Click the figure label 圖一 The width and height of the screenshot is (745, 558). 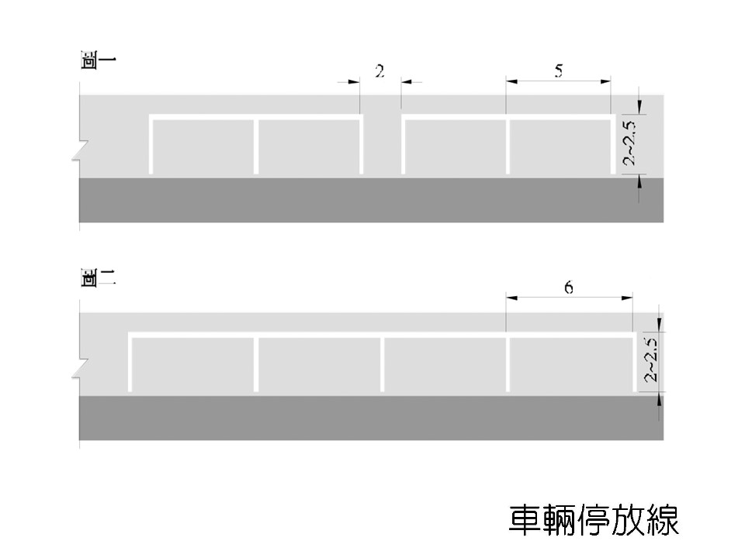tap(99, 61)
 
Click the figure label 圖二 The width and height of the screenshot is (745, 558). tap(99, 278)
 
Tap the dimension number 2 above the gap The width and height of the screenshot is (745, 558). tap(379, 72)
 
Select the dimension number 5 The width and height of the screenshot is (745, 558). tap(559, 71)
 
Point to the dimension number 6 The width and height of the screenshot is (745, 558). tap(569, 288)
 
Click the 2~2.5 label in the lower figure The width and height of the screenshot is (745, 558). tap(651, 360)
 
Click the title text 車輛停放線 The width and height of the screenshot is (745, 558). tap(594, 519)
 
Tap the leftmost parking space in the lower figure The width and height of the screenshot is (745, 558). tap(192, 365)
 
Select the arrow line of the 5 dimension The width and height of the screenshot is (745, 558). tap(559, 80)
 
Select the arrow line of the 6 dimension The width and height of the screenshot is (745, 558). tap(569, 297)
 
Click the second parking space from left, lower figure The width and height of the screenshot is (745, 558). tap(319, 365)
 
